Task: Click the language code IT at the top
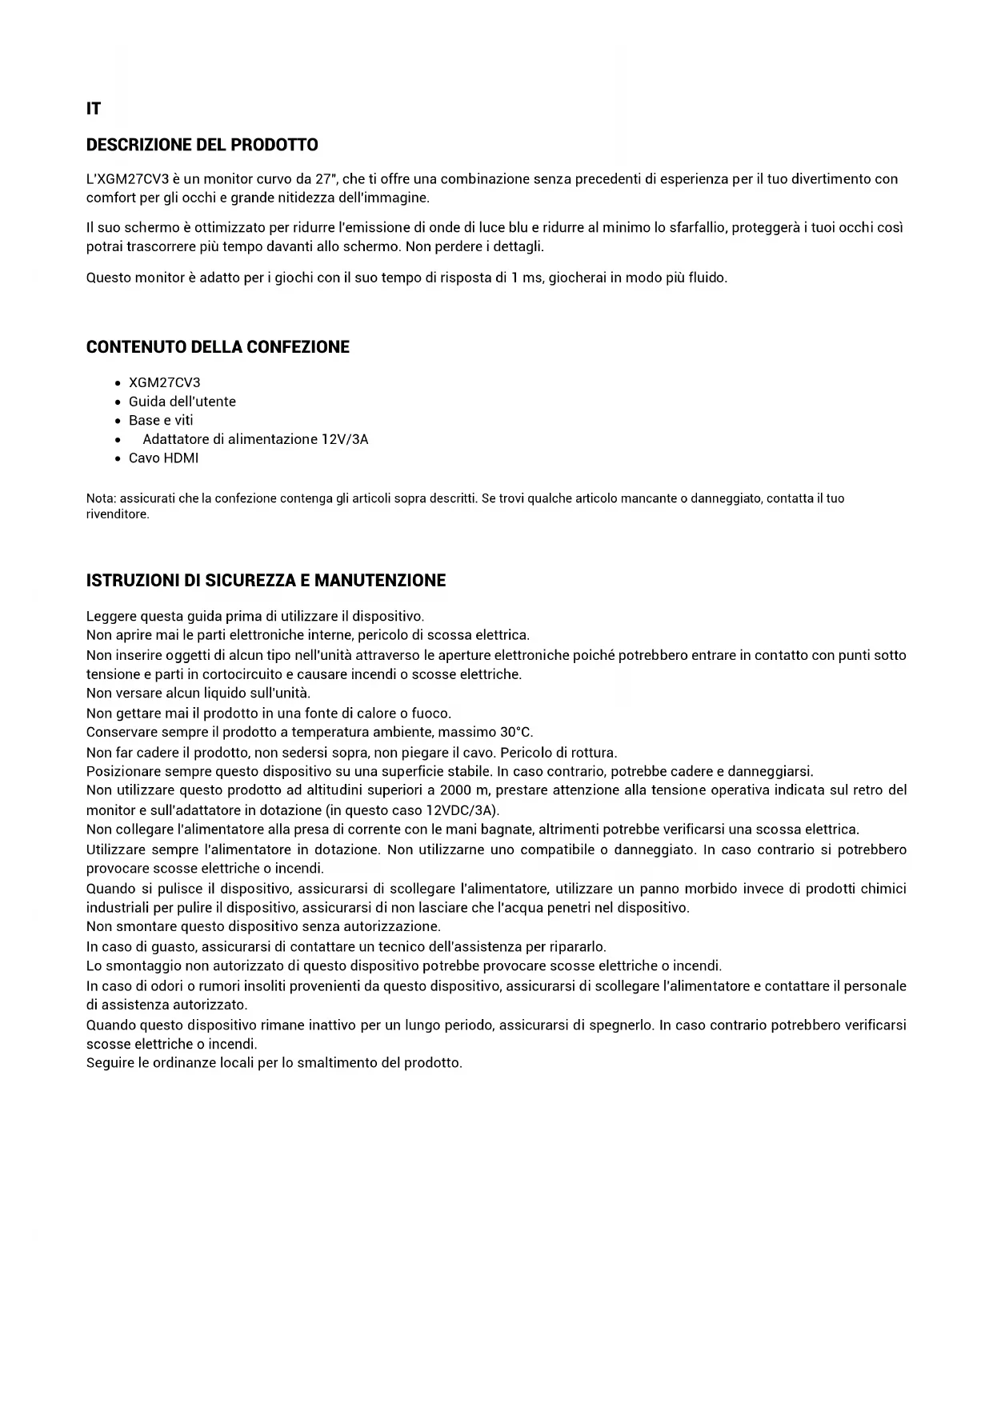coord(94,109)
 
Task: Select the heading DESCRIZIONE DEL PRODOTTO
coord(202,145)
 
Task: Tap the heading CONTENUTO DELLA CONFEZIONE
coord(218,347)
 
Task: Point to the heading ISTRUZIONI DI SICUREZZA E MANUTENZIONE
coord(266,581)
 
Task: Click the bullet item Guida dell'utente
coord(182,402)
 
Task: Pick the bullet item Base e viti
coord(161,420)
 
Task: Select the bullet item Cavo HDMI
coord(163,458)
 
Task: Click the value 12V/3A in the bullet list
coord(345,439)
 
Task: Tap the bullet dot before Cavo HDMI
coord(118,459)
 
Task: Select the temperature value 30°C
coord(516,732)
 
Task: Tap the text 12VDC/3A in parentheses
coord(460,809)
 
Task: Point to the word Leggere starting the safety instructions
coord(111,616)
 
